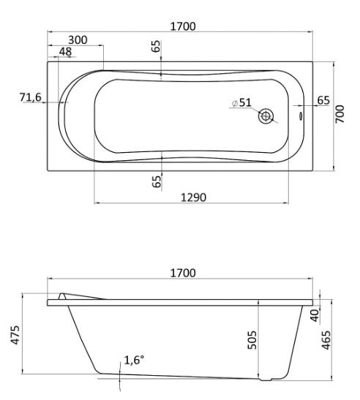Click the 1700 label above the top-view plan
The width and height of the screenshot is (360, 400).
tap(183, 26)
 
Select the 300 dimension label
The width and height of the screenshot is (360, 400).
tap(80, 39)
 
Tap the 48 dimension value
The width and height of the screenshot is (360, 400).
tap(66, 51)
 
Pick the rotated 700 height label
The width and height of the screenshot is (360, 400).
tap(340, 113)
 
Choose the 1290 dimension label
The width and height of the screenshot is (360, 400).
tap(194, 197)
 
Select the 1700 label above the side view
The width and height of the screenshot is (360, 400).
tap(183, 273)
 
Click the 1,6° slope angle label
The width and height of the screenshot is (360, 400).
tap(135, 360)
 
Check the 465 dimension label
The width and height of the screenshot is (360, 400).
tap(327, 340)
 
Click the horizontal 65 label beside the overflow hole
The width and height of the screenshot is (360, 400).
tap(324, 100)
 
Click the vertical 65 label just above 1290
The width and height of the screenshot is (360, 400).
tap(157, 180)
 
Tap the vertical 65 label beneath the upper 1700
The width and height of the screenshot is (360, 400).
tap(157, 47)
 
